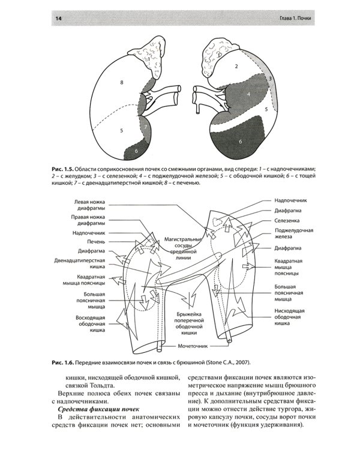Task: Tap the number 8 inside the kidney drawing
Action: point(121,81)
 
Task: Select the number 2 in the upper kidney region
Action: point(237,66)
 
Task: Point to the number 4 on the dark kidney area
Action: point(248,95)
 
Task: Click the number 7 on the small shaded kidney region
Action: point(145,127)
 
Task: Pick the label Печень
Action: point(97,241)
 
